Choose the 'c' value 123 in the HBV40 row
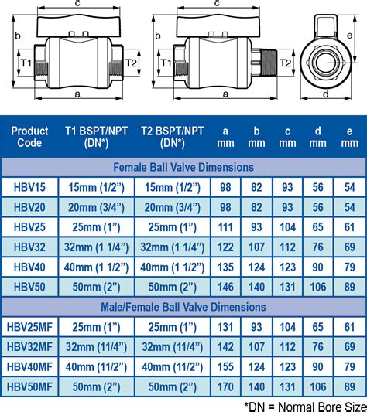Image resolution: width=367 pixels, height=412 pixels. [287, 267]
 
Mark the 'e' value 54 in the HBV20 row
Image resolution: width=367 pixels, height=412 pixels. [349, 206]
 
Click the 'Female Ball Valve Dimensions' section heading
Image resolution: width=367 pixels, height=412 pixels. [183, 166]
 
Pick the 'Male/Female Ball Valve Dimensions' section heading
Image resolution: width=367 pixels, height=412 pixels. [183, 307]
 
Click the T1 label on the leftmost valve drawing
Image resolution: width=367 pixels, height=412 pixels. [26, 62]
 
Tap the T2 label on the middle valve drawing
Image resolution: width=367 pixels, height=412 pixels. [285, 62]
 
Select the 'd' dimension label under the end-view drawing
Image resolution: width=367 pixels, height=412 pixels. [325, 95]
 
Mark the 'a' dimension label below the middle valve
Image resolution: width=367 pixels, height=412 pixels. [225, 95]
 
